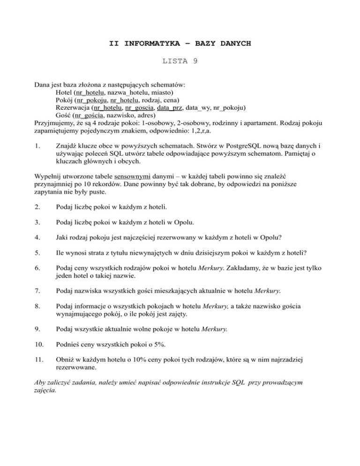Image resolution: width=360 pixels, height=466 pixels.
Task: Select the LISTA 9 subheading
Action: (x=180, y=61)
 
